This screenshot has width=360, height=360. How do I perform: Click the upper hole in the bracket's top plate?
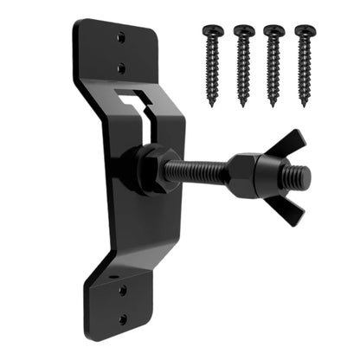tap(121, 38)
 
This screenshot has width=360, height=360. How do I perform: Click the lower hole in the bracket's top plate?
tap(122, 67)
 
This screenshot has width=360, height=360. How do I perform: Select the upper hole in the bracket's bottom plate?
tap(123, 290)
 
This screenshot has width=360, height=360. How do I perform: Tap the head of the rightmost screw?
tap(305, 30)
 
